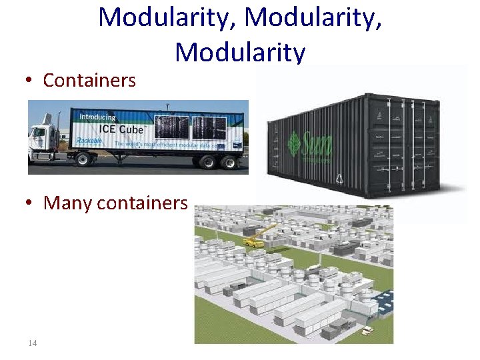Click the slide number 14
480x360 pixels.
click(x=32, y=343)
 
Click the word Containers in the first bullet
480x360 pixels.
click(x=89, y=81)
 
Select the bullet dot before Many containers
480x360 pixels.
click(x=31, y=203)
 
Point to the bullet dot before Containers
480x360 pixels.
click(x=31, y=81)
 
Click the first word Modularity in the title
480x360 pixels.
click(x=167, y=17)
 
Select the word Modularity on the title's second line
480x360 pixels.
click(x=240, y=52)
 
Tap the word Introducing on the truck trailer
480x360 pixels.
click(x=97, y=117)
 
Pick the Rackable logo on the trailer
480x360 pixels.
click(x=88, y=141)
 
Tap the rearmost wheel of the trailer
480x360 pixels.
click(x=229, y=161)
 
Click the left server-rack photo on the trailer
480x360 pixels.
click(x=172, y=127)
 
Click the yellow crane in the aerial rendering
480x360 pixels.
click(x=261, y=237)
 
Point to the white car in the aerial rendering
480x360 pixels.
click(x=366, y=329)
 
